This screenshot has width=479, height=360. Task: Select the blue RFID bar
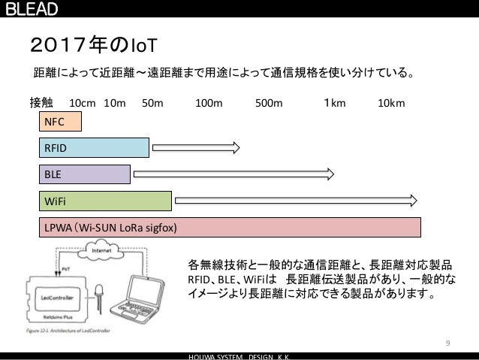click(x=95, y=148)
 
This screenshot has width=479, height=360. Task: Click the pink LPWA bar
click(x=231, y=226)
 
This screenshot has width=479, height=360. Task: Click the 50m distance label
click(x=152, y=102)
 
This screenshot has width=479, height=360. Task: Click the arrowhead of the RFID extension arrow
click(x=234, y=148)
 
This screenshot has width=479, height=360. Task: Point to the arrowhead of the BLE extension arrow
click(x=330, y=174)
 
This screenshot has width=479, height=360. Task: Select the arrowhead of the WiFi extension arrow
click(x=414, y=199)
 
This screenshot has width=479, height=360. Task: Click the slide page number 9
click(x=447, y=343)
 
